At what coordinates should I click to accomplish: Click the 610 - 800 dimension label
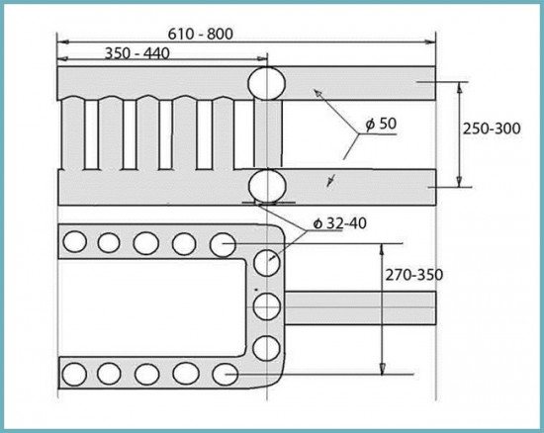pos(200,34)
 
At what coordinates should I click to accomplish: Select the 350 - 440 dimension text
pos(137,53)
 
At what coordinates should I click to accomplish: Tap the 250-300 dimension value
pos(492,129)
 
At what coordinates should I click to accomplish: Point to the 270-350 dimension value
pos(414,275)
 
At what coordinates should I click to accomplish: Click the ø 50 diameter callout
pos(381,124)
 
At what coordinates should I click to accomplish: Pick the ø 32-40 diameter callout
pos(339,223)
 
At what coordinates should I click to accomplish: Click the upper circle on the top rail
pos(266,83)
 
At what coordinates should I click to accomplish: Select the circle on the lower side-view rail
pos(267,186)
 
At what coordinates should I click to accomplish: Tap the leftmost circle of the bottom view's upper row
pos(74,241)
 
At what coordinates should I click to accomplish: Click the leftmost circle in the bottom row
pos(74,375)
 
